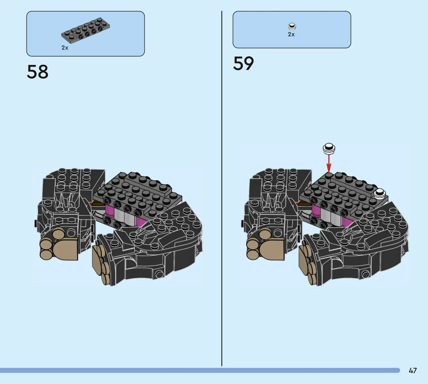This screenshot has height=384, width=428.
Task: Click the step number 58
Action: point(38,72)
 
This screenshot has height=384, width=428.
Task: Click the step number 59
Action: point(243,63)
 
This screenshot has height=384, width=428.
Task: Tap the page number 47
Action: point(413,371)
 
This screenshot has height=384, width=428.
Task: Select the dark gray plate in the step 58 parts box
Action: point(86,30)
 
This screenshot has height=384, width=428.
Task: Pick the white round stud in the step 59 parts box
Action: point(292,26)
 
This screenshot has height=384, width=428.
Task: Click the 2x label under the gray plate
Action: point(65,48)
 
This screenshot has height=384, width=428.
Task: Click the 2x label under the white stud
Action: point(291,34)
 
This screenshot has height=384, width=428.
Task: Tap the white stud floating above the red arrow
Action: point(329,149)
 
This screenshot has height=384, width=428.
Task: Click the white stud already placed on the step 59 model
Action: point(379,194)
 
